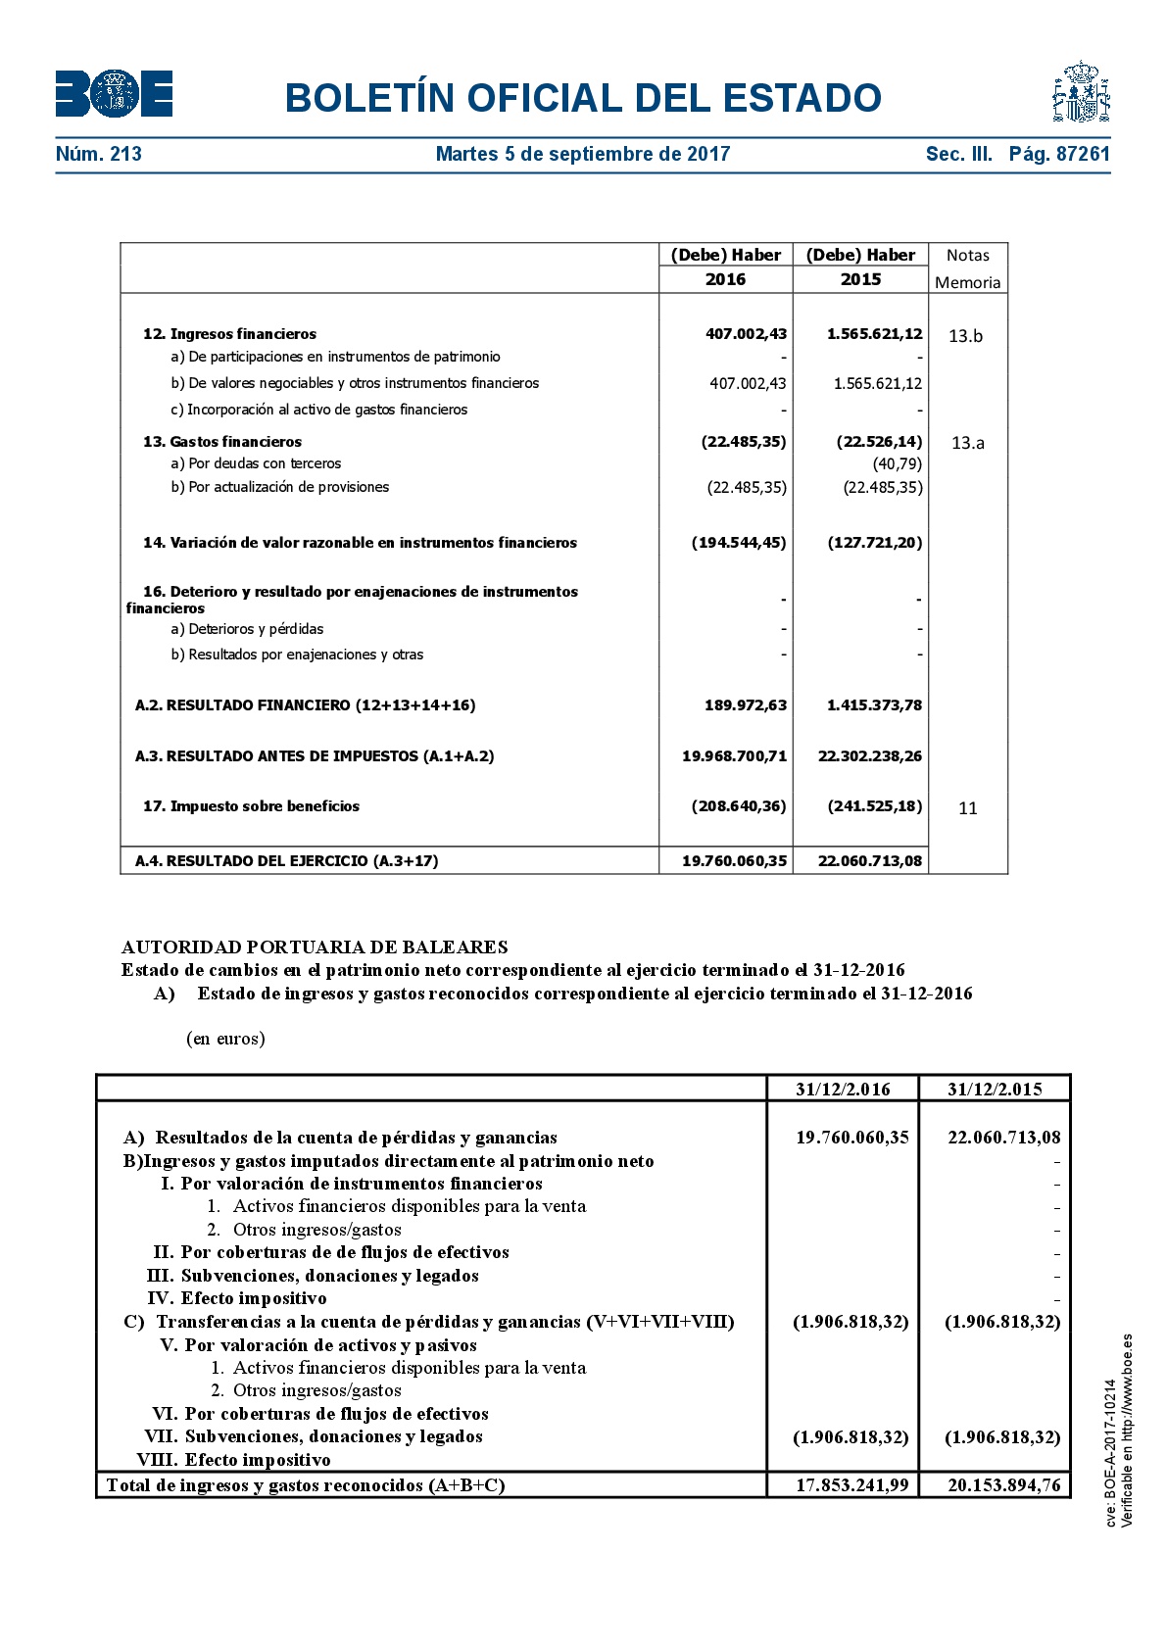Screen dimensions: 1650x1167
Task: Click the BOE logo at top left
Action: tap(114, 94)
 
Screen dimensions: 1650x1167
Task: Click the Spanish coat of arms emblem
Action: tap(1081, 92)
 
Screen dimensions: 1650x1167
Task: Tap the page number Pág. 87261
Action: tap(1059, 154)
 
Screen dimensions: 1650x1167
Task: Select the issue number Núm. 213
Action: tap(99, 154)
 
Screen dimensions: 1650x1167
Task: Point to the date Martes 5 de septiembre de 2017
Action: tap(583, 154)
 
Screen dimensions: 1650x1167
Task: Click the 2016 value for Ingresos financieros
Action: tap(746, 334)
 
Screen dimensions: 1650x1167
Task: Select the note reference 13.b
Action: tap(965, 336)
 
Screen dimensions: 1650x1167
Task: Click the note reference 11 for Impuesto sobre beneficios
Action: tap(967, 808)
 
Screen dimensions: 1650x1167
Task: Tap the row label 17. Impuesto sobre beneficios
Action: tap(252, 806)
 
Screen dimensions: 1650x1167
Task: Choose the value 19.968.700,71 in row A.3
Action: tap(734, 756)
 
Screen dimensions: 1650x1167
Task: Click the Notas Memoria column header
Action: tap(967, 268)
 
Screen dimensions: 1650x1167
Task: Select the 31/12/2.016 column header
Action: tap(843, 1090)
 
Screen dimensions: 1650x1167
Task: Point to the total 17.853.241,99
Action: tap(851, 1485)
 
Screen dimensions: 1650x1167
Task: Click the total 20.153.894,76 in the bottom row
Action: tap(1003, 1485)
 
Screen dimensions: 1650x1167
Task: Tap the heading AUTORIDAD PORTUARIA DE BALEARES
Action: tap(315, 947)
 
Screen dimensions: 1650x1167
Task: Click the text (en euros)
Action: tap(225, 1039)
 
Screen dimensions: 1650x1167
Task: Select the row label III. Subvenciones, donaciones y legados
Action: tap(313, 1276)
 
